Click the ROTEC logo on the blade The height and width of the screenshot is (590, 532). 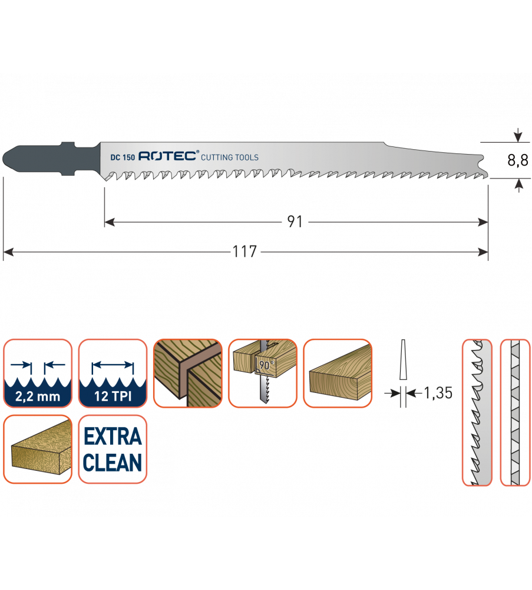pos(170,157)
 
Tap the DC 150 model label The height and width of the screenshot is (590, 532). pos(123,158)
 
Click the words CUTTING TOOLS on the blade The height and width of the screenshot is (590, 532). pos(230,158)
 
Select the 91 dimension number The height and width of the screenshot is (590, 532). pos(295,222)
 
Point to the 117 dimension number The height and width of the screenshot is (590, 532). pos(244,252)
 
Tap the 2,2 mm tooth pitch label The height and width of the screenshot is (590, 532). pos(38,396)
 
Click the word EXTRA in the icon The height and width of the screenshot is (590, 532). pos(113,437)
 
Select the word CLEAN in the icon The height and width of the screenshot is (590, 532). pos(113,463)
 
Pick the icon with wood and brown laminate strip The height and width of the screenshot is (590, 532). pos(187,373)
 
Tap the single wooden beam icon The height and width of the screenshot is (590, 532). pos(338,373)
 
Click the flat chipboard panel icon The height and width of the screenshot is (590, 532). pos(38,449)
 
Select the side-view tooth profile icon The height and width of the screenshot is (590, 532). pos(477,412)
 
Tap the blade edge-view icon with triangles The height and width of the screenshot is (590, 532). pos(514,412)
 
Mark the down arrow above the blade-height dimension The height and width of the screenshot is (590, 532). pos(518,136)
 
